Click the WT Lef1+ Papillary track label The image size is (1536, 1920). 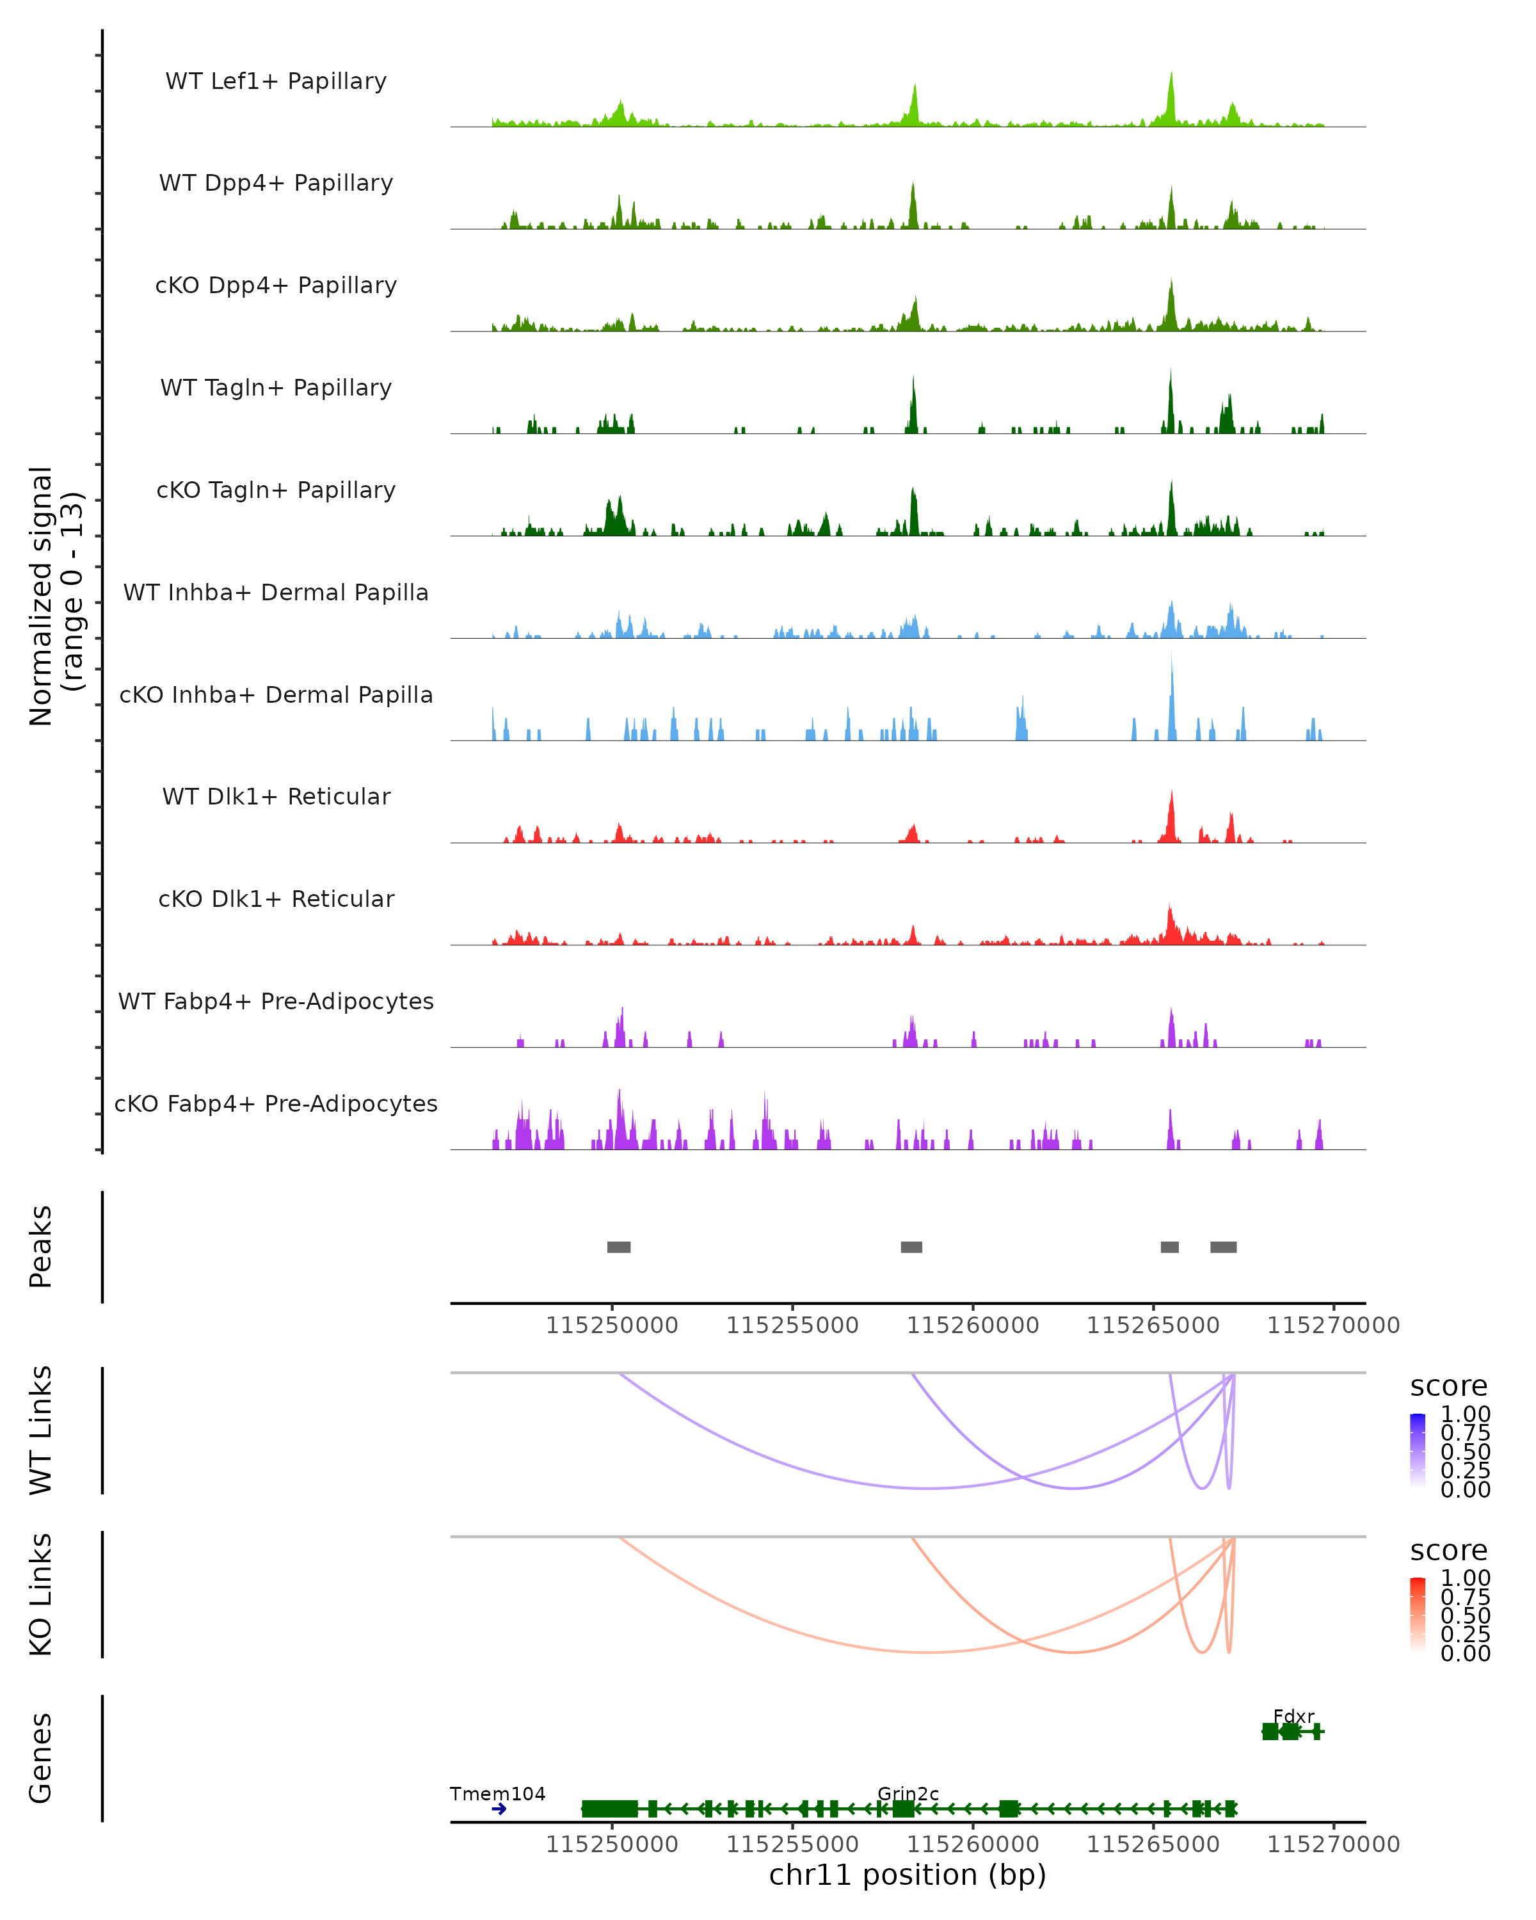(276, 81)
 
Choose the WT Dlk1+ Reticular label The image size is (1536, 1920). (276, 796)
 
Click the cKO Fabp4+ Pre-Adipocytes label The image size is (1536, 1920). (276, 1103)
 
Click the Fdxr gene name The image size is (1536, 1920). (1293, 1716)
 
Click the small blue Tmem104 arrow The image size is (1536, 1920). (499, 1809)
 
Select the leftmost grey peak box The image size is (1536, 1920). (619, 1247)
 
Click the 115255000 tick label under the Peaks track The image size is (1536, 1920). (792, 1325)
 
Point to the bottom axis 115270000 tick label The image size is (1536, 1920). (1333, 1844)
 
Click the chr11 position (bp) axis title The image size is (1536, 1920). (908, 1875)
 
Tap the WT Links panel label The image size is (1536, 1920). (41, 1430)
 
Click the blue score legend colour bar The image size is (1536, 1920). (1418, 1450)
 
